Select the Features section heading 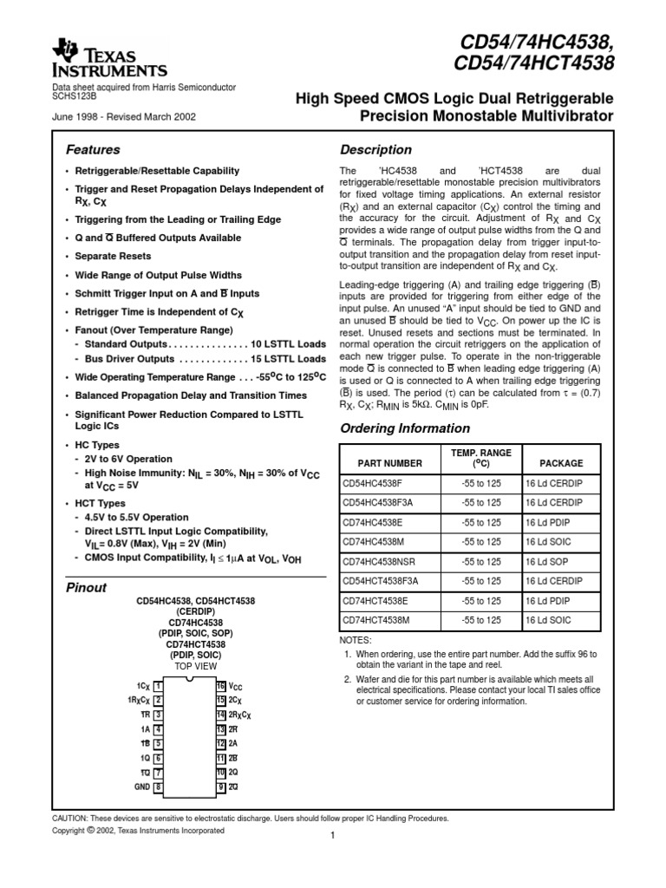tap(94, 150)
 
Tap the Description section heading tap(375, 150)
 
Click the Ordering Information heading tap(405, 428)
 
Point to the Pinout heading tap(87, 588)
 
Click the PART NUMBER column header tap(384, 463)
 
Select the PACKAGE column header tap(561, 463)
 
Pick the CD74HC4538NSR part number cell tap(388, 561)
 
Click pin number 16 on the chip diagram tap(221, 685)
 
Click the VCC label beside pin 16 tap(237, 685)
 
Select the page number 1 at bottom tap(332, 836)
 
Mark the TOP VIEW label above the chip tap(195, 666)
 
